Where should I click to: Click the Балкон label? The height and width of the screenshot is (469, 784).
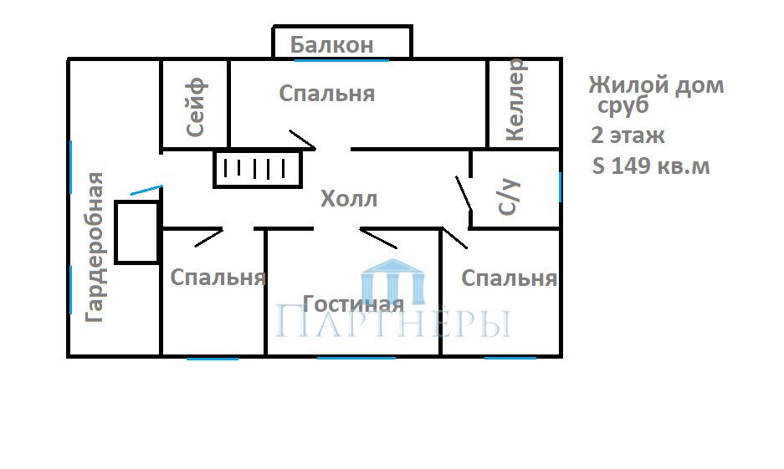pos(332,45)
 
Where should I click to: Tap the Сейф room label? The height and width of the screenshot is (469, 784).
pos(196,107)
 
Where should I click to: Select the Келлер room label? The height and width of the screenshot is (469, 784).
pos(515,99)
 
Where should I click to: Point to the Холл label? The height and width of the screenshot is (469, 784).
pos(349,199)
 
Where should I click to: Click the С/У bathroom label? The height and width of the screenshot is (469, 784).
pos(509,198)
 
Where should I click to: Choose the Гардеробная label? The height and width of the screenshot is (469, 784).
pos(95,247)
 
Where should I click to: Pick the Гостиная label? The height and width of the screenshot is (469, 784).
pos(353,303)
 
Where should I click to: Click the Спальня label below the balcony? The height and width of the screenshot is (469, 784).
pos(327,94)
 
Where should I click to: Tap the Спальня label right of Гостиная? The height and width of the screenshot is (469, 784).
pos(509,278)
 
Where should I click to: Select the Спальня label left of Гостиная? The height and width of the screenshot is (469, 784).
pos(218,278)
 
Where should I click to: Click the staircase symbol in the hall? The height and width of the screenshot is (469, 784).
pos(258,170)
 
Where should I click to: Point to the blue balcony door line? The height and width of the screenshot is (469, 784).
pos(341,60)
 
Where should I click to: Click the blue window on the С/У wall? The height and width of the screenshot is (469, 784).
pos(560,187)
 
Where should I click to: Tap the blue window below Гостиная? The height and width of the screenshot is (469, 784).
pos(356,358)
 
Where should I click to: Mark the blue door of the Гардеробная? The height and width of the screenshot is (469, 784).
pos(146,190)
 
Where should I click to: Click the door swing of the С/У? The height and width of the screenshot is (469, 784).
pos(464,193)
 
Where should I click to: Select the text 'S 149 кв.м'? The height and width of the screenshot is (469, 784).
pos(651,166)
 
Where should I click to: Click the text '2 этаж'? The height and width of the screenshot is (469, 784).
pos(628,135)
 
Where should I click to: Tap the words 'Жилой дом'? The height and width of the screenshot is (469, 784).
pos(657,85)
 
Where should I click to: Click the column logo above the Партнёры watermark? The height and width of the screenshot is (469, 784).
pos(393,281)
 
